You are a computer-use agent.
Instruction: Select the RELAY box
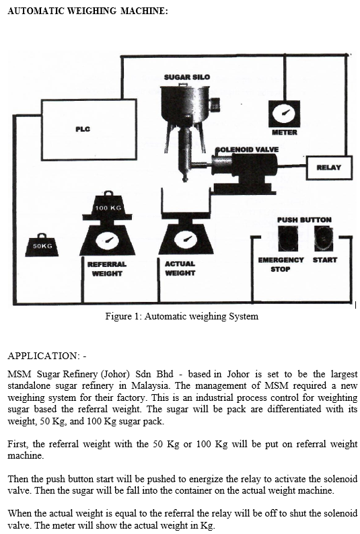(x=329, y=167)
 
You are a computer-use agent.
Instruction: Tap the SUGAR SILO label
(x=187, y=77)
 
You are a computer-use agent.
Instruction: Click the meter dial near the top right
(x=285, y=114)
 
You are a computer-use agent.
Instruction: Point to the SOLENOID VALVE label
(x=247, y=149)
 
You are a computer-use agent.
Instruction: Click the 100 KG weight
(x=108, y=205)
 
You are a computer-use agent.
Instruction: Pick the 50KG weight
(x=42, y=245)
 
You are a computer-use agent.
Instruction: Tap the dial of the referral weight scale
(x=107, y=241)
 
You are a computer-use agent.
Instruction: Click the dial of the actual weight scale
(x=186, y=239)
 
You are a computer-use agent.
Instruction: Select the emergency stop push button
(x=288, y=238)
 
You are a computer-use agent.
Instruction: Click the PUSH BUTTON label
(x=304, y=220)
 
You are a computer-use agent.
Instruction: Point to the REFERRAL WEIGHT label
(x=107, y=269)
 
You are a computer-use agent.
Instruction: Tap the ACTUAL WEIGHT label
(x=180, y=268)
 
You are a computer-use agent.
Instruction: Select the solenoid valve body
(x=244, y=172)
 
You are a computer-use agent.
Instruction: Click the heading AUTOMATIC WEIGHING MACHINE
(x=88, y=11)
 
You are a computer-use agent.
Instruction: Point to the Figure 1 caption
(x=182, y=316)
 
